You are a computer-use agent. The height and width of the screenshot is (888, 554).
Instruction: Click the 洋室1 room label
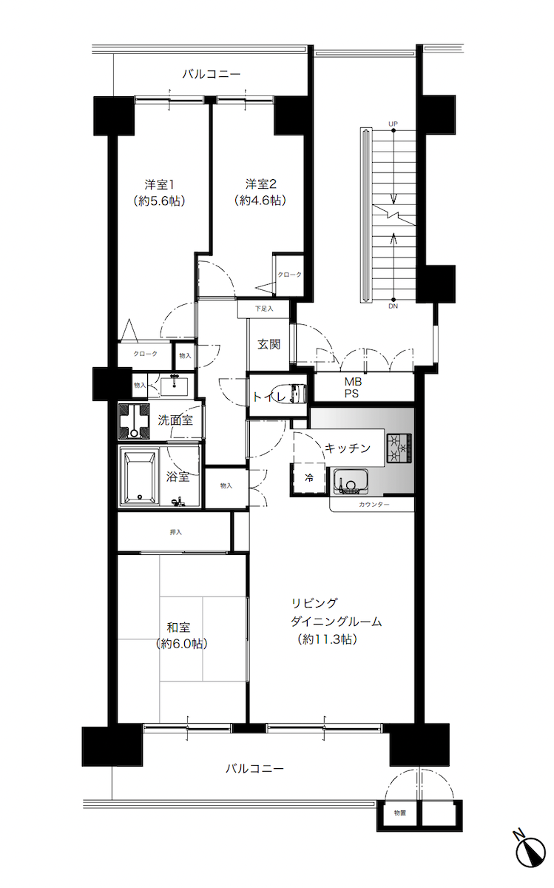(159, 184)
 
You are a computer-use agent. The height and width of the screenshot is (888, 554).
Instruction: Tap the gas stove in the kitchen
(399, 447)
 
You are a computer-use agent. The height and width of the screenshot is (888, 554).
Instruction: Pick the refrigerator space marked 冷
(309, 477)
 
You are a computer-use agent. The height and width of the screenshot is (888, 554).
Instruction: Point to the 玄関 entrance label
(268, 343)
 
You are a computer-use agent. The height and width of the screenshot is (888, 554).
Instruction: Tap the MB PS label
(351, 387)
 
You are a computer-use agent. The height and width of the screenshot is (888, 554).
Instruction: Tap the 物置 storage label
(399, 813)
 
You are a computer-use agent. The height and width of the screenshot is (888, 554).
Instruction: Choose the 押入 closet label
(176, 531)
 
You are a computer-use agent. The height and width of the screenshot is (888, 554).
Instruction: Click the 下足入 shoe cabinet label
(264, 308)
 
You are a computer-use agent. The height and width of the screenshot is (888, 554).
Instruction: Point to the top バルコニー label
(212, 74)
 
